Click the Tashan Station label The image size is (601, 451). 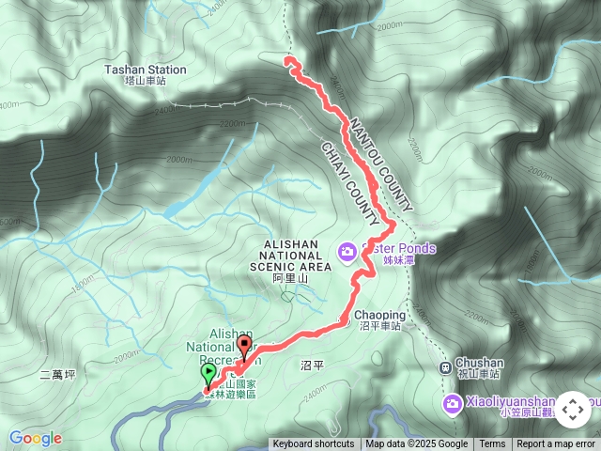(146, 70)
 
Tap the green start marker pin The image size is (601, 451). (208, 374)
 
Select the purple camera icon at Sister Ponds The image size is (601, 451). (347, 250)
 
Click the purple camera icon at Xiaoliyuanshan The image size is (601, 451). (453, 403)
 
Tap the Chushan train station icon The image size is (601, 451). (445, 366)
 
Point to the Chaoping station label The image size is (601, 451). (379, 316)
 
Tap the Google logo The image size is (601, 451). (36, 438)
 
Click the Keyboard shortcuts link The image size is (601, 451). (314, 444)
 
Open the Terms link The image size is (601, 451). (492, 444)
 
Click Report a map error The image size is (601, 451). (557, 444)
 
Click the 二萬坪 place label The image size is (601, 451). (57, 375)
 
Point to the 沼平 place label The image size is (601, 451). (312, 363)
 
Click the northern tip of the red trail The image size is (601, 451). (286, 60)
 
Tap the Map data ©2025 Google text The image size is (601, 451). (416, 444)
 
